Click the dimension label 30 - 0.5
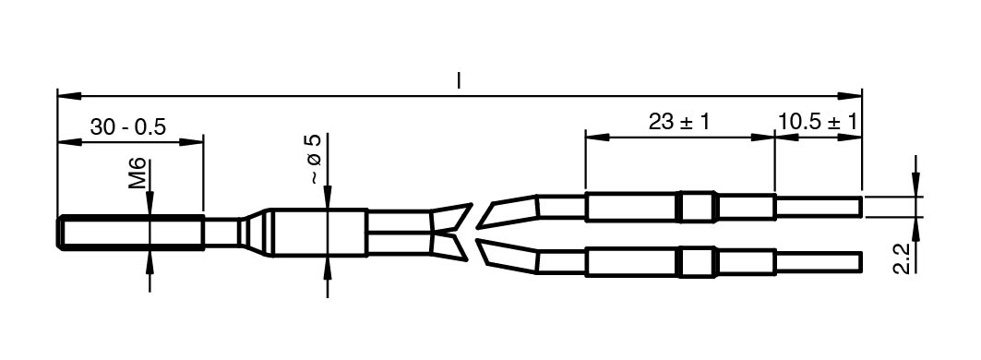[x=127, y=127]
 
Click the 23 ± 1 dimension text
[x=679, y=122]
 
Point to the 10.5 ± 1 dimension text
[x=818, y=122]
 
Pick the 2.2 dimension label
[x=902, y=258]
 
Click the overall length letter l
[x=459, y=80]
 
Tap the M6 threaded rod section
[x=130, y=233]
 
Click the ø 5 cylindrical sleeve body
[x=319, y=233]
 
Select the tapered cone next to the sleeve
[x=257, y=233]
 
